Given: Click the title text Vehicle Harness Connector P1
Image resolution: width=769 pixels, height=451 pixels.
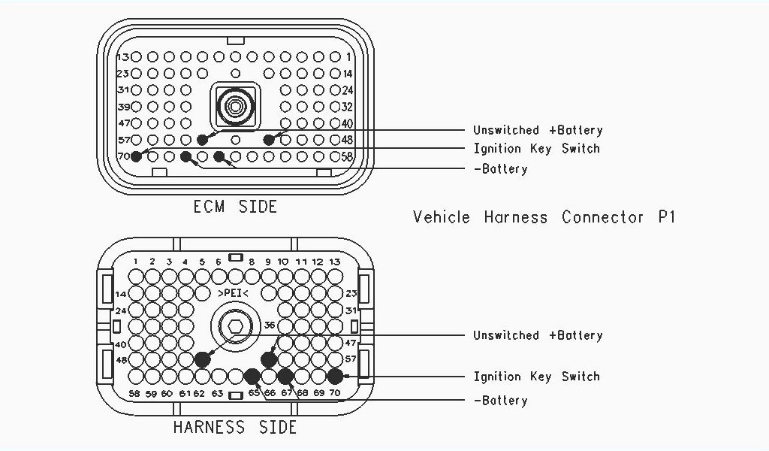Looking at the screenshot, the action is click(544, 217).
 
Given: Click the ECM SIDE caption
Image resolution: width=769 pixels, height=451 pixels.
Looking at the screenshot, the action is click(235, 206).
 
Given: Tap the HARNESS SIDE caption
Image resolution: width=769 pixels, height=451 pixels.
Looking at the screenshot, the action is click(235, 428).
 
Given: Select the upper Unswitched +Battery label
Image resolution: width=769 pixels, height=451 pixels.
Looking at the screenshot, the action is click(538, 130).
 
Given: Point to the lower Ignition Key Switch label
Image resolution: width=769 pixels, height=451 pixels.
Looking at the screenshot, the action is click(536, 376).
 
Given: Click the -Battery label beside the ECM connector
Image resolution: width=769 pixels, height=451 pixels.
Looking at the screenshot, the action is click(500, 169).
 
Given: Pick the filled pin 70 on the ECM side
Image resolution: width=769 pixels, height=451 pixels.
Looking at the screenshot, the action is click(136, 156).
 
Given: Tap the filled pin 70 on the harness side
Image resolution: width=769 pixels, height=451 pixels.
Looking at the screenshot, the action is click(335, 376).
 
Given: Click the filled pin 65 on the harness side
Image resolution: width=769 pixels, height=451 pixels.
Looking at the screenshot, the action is click(252, 376).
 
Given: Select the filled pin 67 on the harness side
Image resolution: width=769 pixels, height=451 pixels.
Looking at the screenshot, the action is click(285, 376).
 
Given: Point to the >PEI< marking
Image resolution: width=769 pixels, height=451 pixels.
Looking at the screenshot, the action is click(235, 292).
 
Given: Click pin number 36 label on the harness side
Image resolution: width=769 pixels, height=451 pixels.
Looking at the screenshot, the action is click(269, 325).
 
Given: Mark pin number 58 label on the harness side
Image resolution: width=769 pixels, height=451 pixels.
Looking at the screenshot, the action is click(135, 393).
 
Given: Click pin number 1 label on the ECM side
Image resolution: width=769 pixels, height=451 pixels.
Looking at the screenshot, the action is click(349, 57).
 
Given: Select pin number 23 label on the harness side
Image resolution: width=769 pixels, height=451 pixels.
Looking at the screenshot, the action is click(351, 293).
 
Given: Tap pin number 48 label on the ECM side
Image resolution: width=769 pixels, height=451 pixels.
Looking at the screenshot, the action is click(347, 140).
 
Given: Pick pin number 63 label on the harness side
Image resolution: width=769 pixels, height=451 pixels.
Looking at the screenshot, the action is click(218, 393).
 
